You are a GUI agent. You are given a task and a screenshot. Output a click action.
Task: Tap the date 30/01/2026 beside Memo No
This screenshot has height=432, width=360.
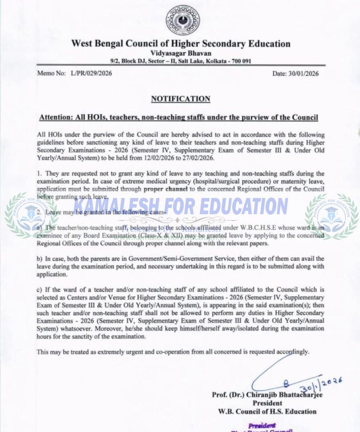pyautogui.click(x=303, y=73)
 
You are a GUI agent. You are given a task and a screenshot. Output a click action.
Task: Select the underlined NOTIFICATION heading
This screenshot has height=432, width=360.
pyautogui.click(x=180, y=99)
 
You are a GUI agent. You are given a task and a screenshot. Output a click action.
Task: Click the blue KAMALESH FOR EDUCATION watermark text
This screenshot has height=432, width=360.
pyautogui.click(x=180, y=206)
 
